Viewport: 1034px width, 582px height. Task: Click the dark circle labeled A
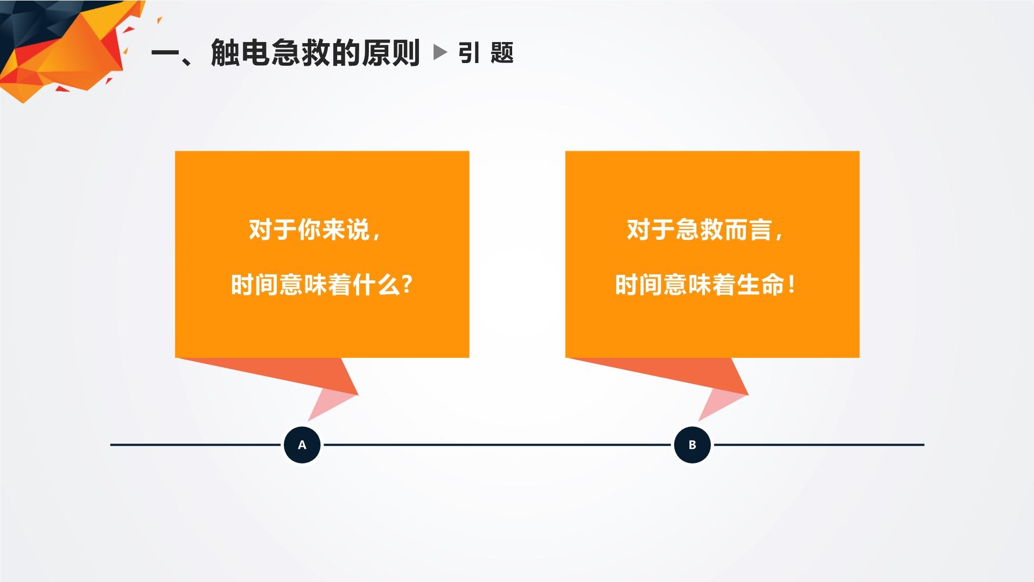(x=302, y=445)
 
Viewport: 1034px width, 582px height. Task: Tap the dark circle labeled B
(x=693, y=445)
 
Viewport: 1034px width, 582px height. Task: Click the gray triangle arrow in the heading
(x=440, y=52)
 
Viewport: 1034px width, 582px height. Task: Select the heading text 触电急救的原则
(x=316, y=53)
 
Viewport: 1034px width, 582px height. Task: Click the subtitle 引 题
(x=486, y=53)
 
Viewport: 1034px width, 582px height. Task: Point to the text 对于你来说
(x=309, y=230)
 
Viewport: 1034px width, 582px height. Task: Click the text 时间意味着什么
(x=316, y=285)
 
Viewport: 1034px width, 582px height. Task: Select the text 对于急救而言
(x=699, y=230)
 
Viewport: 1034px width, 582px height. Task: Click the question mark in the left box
(x=407, y=284)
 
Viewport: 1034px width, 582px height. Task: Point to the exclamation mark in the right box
(x=791, y=284)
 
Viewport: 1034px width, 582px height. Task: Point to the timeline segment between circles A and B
(x=497, y=445)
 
